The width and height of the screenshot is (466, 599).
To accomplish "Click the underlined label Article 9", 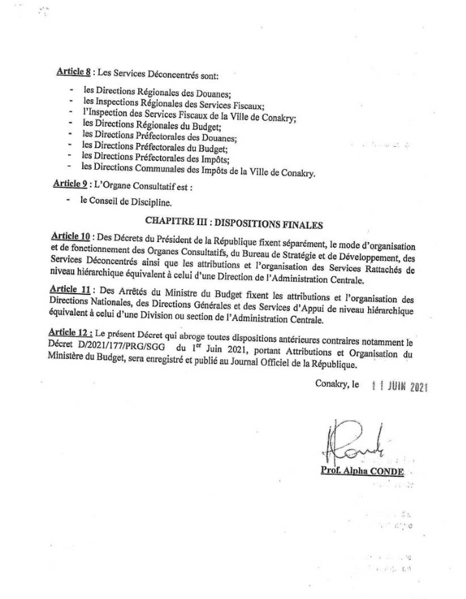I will click(x=70, y=185).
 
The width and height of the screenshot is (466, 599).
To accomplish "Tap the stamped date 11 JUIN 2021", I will click(x=398, y=385).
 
